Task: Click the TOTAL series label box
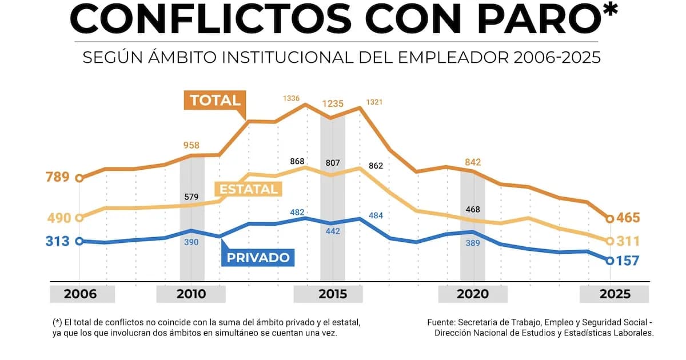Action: (215, 101)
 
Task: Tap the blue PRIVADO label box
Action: (258, 258)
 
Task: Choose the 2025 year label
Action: (615, 294)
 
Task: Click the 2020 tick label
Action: (473, 294)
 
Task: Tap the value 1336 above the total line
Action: (292, 99)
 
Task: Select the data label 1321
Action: (374, 102)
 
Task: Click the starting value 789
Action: (57, 177)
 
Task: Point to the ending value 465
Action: (628, 218)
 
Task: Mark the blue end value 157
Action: (628, 261)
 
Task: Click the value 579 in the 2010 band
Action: (192, 197)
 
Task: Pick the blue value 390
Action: (191, 243)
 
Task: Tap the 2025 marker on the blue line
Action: (610, 261)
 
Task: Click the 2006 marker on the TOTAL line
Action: (79, 178)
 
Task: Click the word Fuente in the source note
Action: (441, 322)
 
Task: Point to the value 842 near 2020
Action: (472, 162)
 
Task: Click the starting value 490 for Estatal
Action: (57, 218)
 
